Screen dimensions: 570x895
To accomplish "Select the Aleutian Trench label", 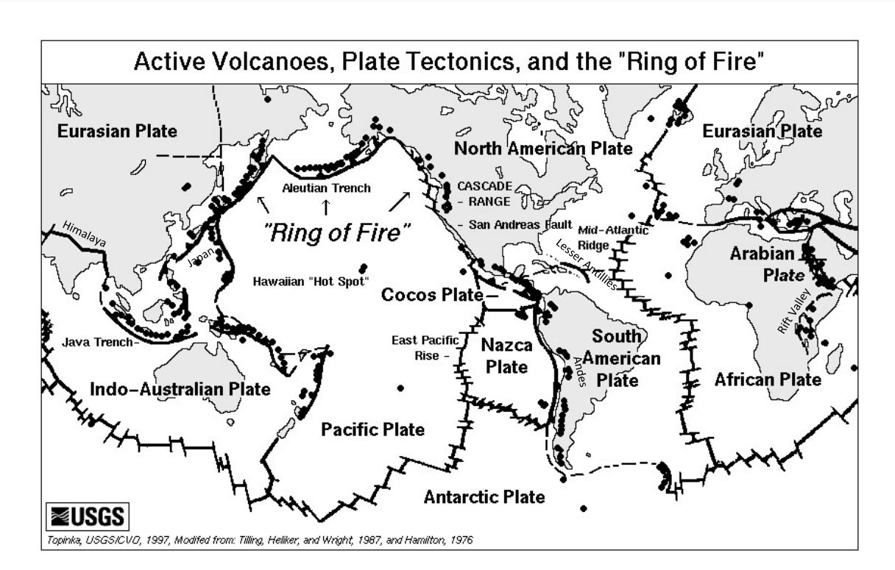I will pyautogui.click(x=326, y=188).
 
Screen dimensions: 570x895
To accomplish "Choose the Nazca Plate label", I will pyautogui.click(x=507, y=355).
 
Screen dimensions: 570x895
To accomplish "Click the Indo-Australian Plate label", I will pyautogui.click(x=180, y=389).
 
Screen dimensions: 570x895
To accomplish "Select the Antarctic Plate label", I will pyautogui.click(x=484, y=496).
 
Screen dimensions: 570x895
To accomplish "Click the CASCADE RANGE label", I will pyautogui.click(x=484, y=193).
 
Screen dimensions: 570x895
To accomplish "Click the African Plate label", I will pyautogui.click(x=768, y=380).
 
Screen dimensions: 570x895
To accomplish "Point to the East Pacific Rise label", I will pyautogui.click(x=425, y=347).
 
